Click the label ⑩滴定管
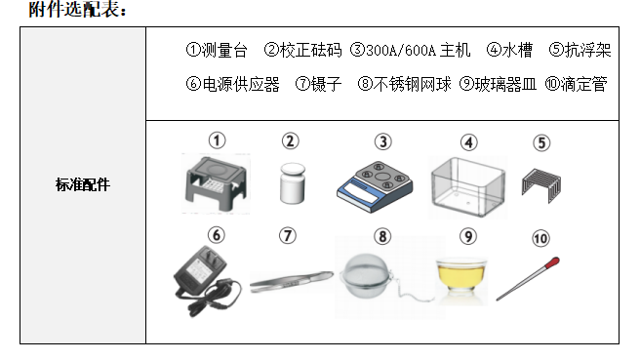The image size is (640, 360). tap(576, 85)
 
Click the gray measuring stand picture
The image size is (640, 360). tap(217, 182)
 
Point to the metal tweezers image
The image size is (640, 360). tap(286, 283)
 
